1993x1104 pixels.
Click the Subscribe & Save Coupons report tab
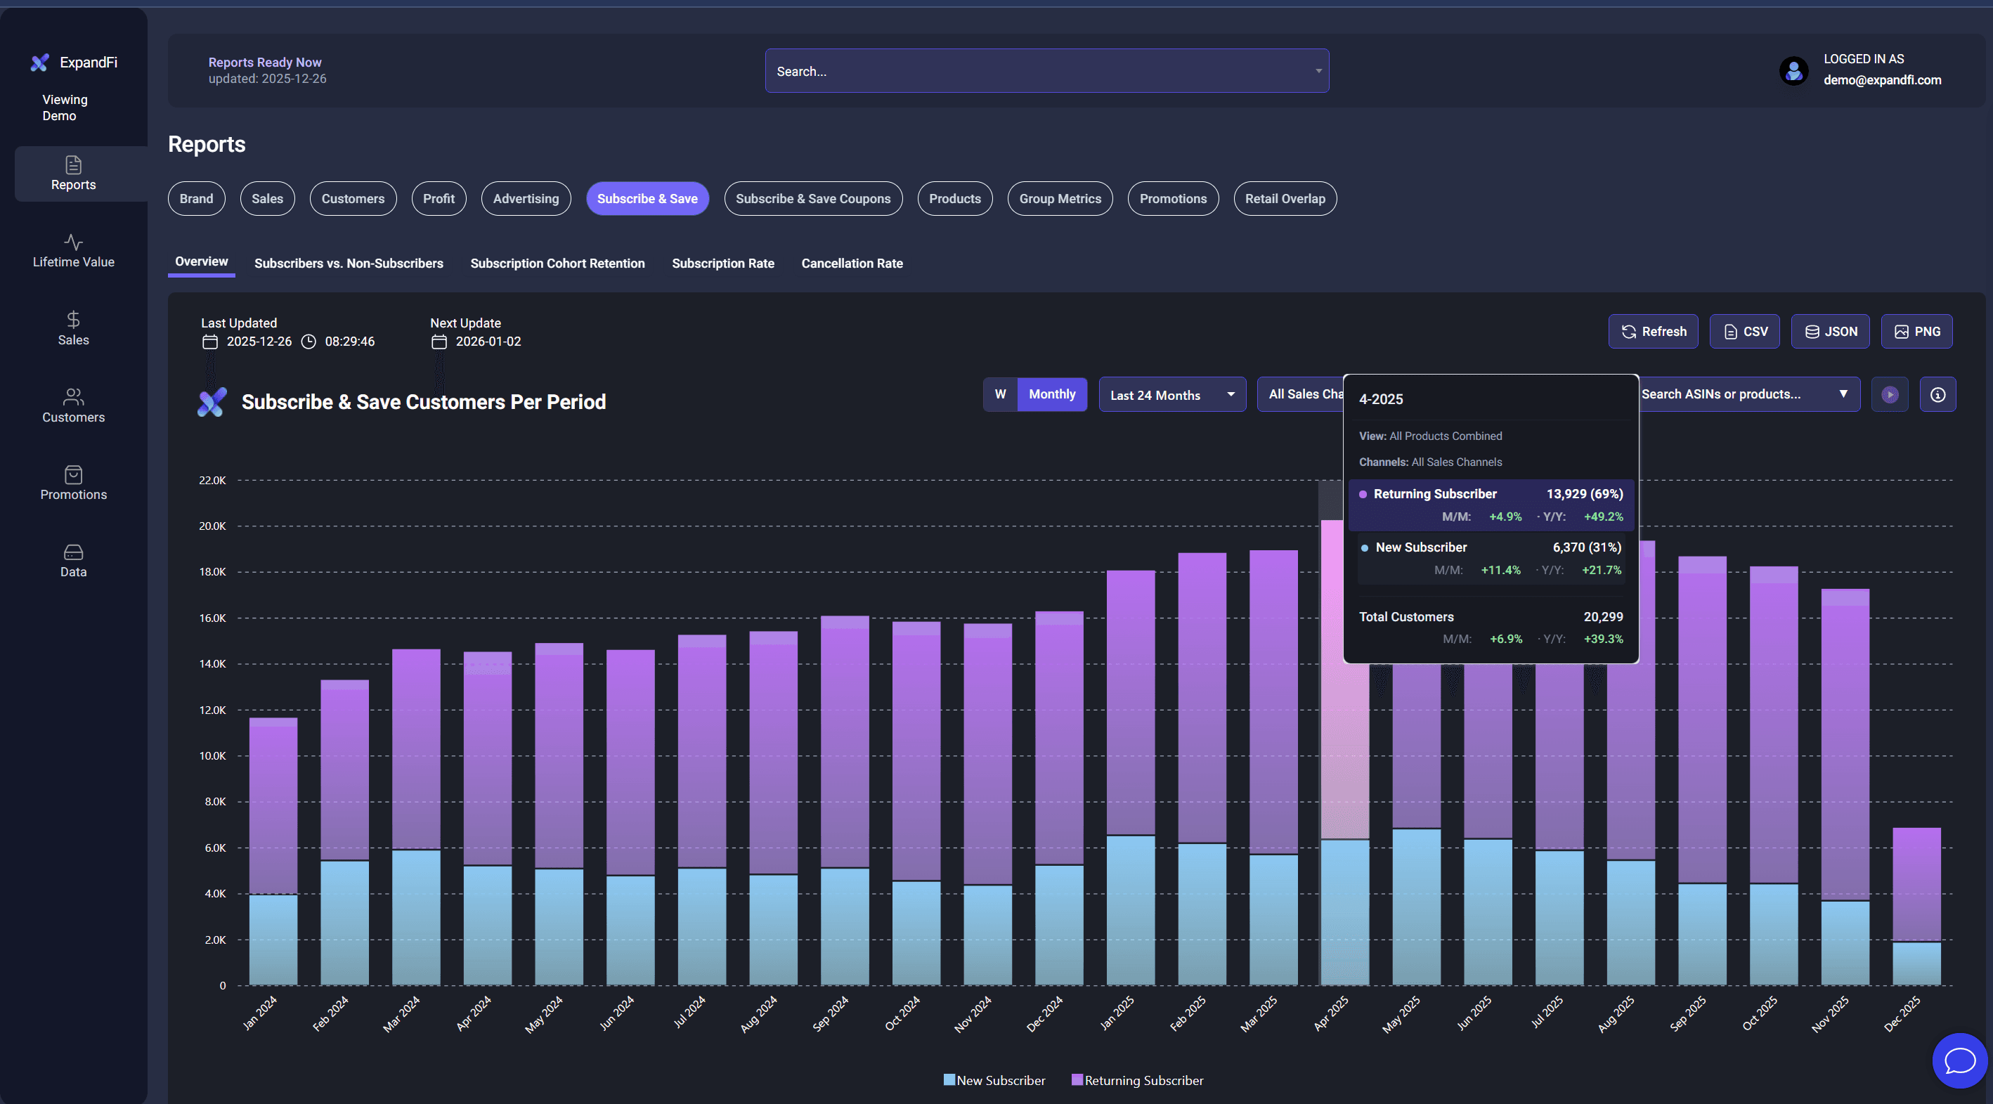coord(812,199)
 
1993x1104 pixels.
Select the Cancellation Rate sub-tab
coord(852,263)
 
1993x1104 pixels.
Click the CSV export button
coord(1745,331)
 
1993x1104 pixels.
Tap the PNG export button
coord(1916,331)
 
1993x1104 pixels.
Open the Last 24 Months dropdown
coord(1171,394)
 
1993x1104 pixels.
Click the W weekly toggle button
coord(999,394)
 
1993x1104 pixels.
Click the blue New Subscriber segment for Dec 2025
coord(1916,963)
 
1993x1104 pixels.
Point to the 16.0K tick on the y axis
coord(212,618)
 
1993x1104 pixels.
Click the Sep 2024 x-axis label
coord(831,1013)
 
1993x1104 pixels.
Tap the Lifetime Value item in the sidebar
coord(74,252)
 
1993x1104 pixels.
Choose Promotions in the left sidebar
coord(74,483)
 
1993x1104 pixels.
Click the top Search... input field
coord(1037,71)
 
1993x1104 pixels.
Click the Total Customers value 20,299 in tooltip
coord(1602,616)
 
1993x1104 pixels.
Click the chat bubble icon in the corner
coord(1959,1060)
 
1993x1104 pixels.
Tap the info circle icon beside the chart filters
coord(1937,394)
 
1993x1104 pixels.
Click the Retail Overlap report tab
coord(1285,199)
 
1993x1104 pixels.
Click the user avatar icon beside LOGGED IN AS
coord(1793,70)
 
